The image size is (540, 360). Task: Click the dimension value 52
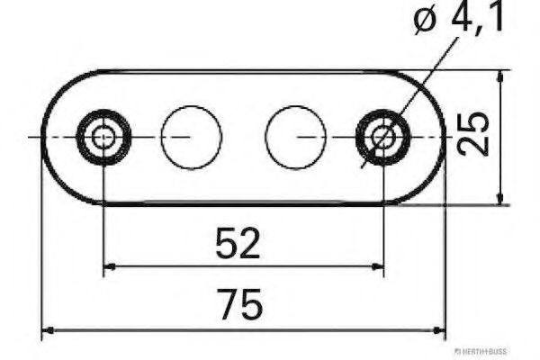(238, 244)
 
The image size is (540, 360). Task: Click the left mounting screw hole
(104, 138)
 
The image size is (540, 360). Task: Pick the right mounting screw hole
(383, 138)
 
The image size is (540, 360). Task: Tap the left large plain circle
(191, 137)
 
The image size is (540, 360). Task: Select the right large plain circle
(295, 137)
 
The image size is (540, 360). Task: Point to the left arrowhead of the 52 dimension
(110, 265)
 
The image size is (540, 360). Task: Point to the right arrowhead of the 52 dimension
(378, 265)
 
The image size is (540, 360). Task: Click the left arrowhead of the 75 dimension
(49, 330)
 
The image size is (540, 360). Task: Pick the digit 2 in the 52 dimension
(249, 244)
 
